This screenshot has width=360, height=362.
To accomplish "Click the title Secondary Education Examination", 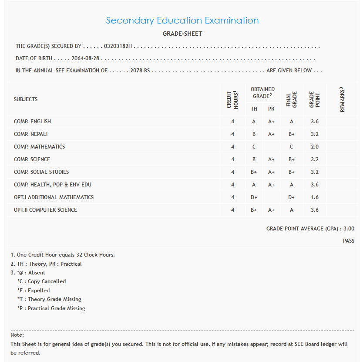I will [x=182, y=20].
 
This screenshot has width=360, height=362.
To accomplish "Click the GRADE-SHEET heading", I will [x=182, y=34].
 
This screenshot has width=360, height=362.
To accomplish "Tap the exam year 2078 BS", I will [x=140, y=71].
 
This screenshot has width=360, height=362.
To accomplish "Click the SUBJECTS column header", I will [x=26, y=99].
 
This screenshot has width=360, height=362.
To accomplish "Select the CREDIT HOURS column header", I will [x=232, y=100].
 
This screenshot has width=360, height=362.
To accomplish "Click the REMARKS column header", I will [x=342, y=100].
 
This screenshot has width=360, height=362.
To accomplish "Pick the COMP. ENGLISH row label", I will [x=32, y=122].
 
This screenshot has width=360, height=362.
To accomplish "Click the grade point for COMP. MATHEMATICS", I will [x=314, y=147].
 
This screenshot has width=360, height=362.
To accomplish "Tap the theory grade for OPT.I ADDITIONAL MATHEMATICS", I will [x=254, y=197].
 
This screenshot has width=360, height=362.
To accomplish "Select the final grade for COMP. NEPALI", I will [x=291, y=134].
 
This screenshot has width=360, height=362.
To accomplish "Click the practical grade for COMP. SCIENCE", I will [x=271, y=159].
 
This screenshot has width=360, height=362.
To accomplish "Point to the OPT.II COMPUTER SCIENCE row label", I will [x=45, y=210].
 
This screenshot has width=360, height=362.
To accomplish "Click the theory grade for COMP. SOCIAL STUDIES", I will [x=254, y=172].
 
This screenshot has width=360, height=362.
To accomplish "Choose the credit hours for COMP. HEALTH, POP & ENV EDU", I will [x=232, y=185].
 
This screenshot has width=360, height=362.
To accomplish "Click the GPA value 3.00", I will [x=349, y=229].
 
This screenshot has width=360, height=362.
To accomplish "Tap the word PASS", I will [x=348, y=241].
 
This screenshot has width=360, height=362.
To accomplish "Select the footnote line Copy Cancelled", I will [x=47, y=281].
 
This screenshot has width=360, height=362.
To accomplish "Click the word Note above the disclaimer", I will [x=17, y=335].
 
